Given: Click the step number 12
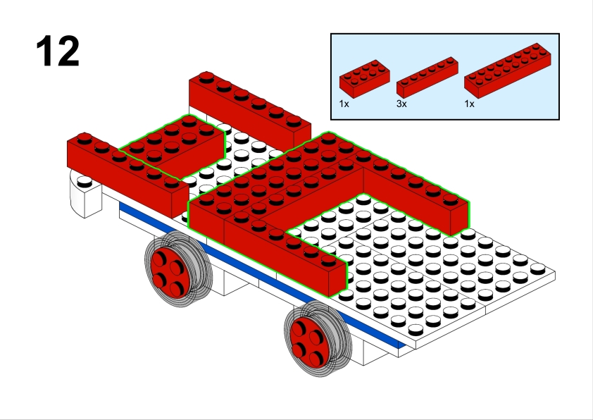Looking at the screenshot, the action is click(x=58, y=51).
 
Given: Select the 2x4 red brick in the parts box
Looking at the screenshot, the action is click(x=365, y=79).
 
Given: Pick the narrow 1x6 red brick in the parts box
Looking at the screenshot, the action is click(x=427, y=78).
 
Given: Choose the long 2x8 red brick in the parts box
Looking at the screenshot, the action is click(x=507, y=70).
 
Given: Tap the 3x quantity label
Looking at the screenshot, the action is click(x=401, y=104).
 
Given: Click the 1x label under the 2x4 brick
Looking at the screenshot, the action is click(x=344, y=104).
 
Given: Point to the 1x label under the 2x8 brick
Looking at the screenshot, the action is click(x=469, y=104).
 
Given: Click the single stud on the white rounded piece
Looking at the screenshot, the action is click(x=85, y=183).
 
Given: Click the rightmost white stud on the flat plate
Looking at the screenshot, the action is click(x=537, y=269).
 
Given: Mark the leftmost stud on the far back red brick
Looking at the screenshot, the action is click(x=206, y=76).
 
